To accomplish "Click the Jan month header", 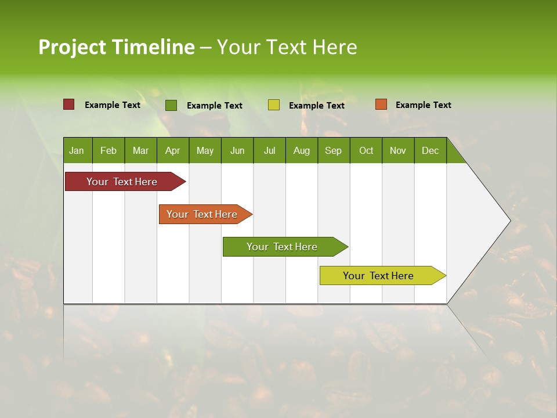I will pos(77,150).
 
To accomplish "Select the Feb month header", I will pos(108,150).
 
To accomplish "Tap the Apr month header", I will pos(172,150).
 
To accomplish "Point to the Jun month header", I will pos(237,150).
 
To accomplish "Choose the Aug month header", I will pos(301,150).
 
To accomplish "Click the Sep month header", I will pos(333,150).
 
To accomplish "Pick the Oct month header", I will pos(366,150).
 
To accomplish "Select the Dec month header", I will pos(430,150).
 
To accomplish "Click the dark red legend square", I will pos(68,105).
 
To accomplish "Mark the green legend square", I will pos(171,105).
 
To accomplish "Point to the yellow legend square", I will pos(273,105).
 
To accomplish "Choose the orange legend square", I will pos(381,105).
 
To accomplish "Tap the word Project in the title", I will pos(73,47).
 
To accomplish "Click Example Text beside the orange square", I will pos(423,105).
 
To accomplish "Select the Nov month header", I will pos(398,150).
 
